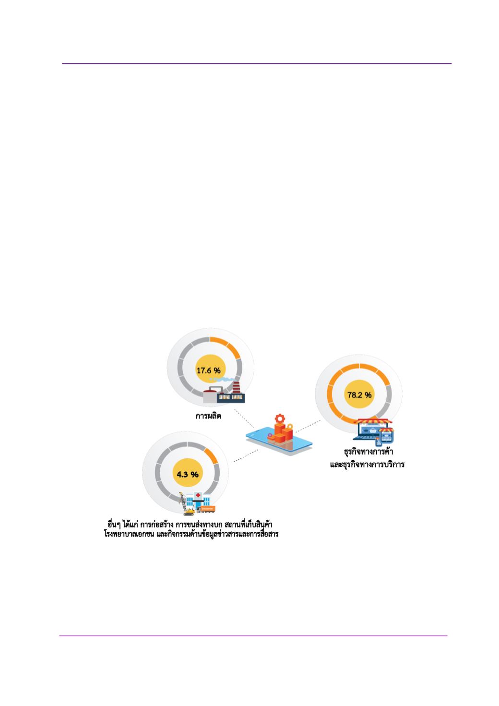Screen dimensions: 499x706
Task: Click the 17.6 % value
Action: (x=209, y=371)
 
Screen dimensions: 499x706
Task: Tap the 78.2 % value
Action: (x=359, y=395)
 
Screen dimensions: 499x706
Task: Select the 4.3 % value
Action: (x=188, y=474)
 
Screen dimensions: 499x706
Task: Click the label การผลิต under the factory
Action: (x=208, y=416)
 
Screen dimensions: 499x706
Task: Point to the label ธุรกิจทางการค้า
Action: (x=368, y=451)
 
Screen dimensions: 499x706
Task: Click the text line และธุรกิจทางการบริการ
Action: (x=368, y=464)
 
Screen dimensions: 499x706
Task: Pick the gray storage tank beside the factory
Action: (x=210, y=395)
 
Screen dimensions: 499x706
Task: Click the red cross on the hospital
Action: (x=198, y=495)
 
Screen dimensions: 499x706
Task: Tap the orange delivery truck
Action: (x=206, y=509)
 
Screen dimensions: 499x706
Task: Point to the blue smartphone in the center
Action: (x=279, y=441)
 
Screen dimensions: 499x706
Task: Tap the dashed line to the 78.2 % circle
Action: (x=308, y=426)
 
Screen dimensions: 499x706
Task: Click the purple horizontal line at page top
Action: (x=257, y=63)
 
